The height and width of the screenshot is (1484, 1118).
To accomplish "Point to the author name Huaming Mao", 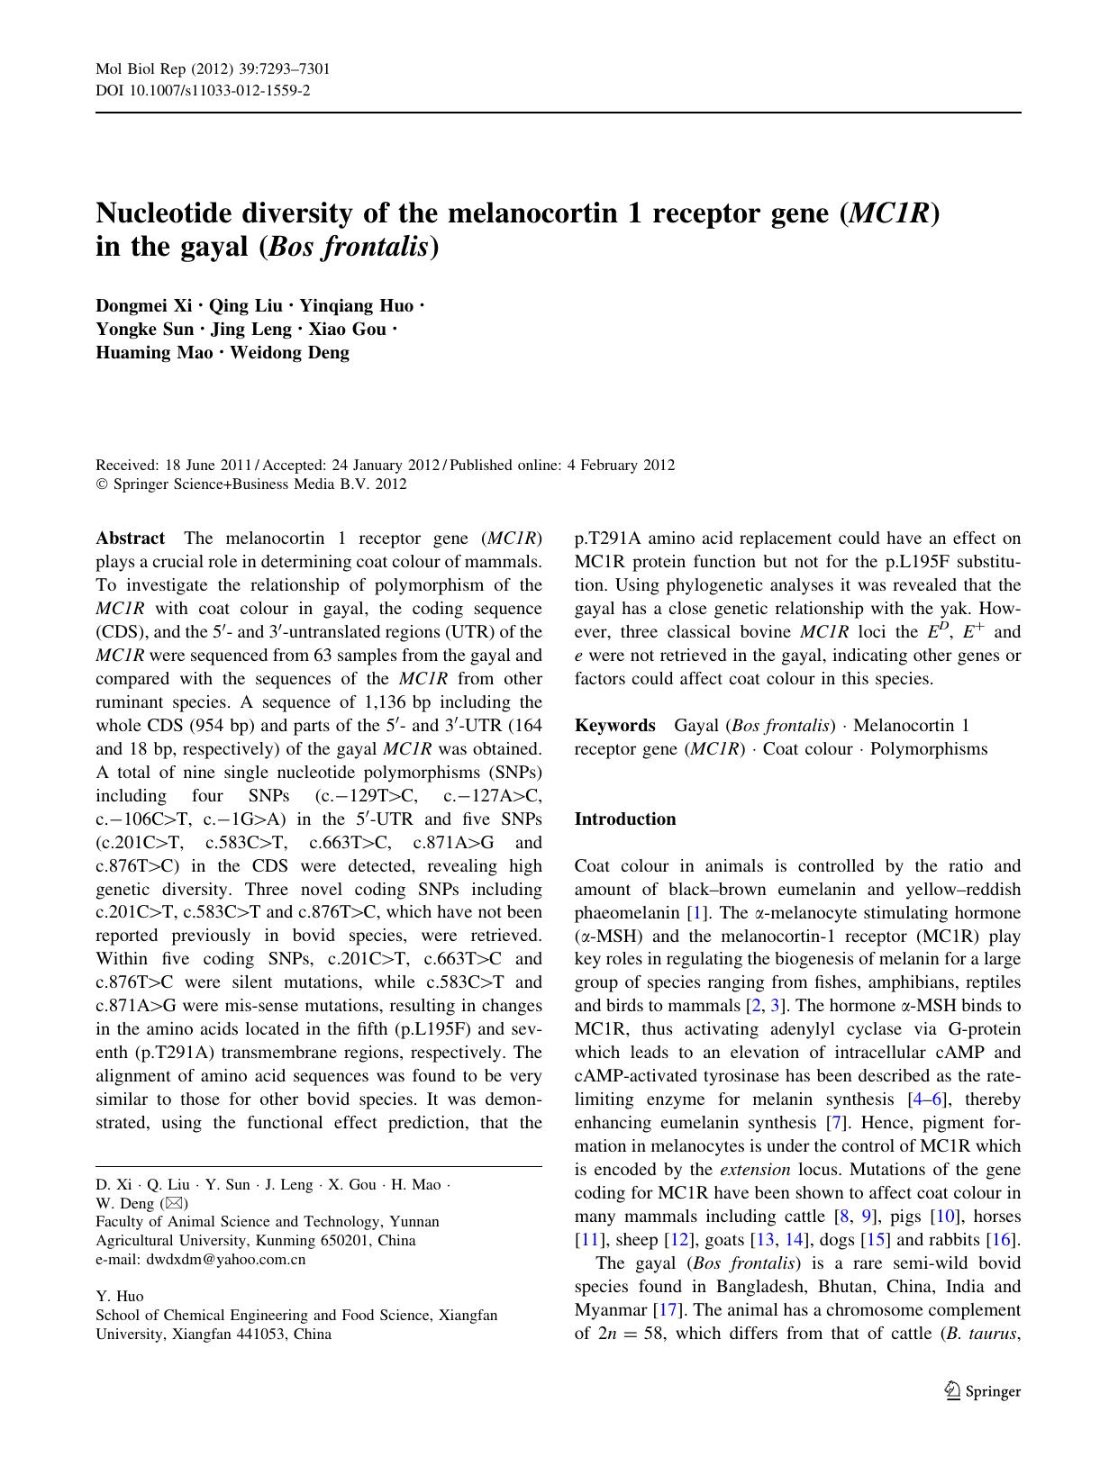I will pyautogui.click(x=154, y=352).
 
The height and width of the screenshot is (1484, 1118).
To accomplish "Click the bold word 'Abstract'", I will pyautogui.click(x=130, y=538).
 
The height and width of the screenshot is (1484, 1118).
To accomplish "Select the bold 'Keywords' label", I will pyautogui.click(x=614, y=726).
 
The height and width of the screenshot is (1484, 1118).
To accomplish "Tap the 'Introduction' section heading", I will pyautogui.click(x=624, y=819).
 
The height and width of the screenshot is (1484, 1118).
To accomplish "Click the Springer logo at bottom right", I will pyautogui.click(x=982, y=1391).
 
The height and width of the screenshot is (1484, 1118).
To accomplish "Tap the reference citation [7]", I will pyautogui.click(x=837, y=1123).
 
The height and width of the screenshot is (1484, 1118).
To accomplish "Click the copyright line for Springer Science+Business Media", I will pyautogui.click(x=251, y=484).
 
